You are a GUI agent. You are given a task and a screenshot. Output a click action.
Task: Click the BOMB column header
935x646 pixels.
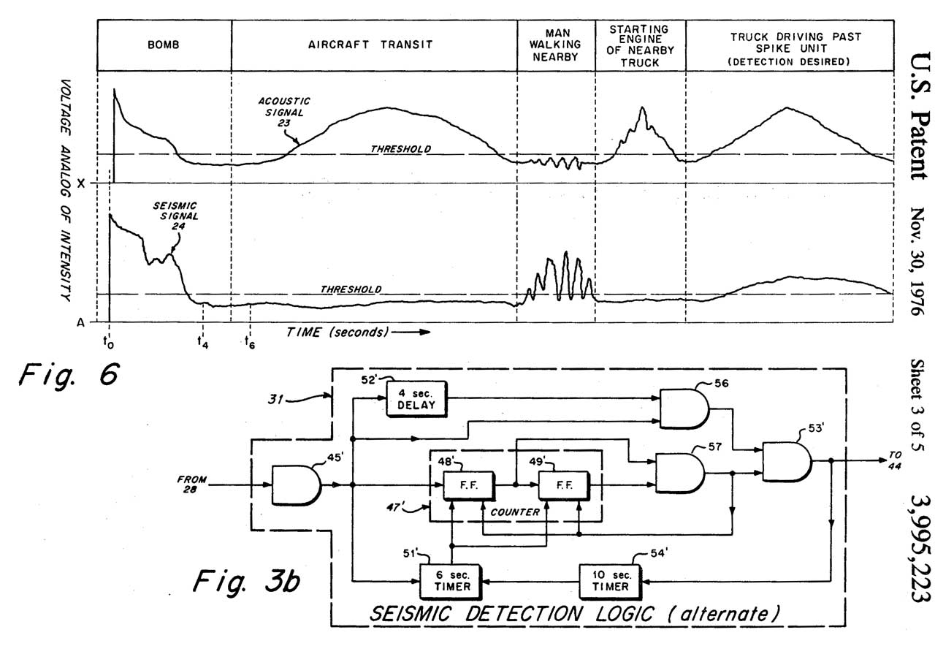tap(164, 45)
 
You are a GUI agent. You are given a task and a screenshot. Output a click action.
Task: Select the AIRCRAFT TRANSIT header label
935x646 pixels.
tap(373, 45)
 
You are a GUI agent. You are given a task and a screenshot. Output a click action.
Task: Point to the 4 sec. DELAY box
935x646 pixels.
tap(416, 398)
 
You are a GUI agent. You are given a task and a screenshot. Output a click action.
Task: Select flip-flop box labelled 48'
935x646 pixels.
tap(468, 485)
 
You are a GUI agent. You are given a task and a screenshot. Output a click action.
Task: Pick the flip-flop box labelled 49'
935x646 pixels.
tap(562, 485)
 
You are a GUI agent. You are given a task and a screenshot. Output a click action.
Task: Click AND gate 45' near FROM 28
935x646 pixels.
tap(296, 485)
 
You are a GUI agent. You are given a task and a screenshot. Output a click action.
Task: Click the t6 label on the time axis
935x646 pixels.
tap(250, 339)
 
